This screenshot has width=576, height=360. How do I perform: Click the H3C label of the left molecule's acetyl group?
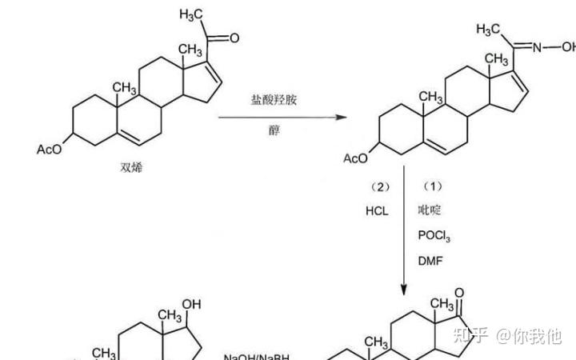pyautogui.click(x=194, y=14)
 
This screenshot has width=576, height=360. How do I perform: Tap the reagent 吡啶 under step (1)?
pyautogui.click(x=430, y=210)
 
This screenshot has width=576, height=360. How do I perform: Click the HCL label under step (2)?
pyautogui.click(x=375, y=210)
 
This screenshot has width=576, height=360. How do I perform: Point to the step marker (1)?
pyautogui.click(x=431, y=186)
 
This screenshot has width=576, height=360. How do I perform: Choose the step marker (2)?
pyautogui.click(x=378, y=186)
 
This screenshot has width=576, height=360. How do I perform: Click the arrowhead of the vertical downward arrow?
pyautogui.click(x=405, y=290)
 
